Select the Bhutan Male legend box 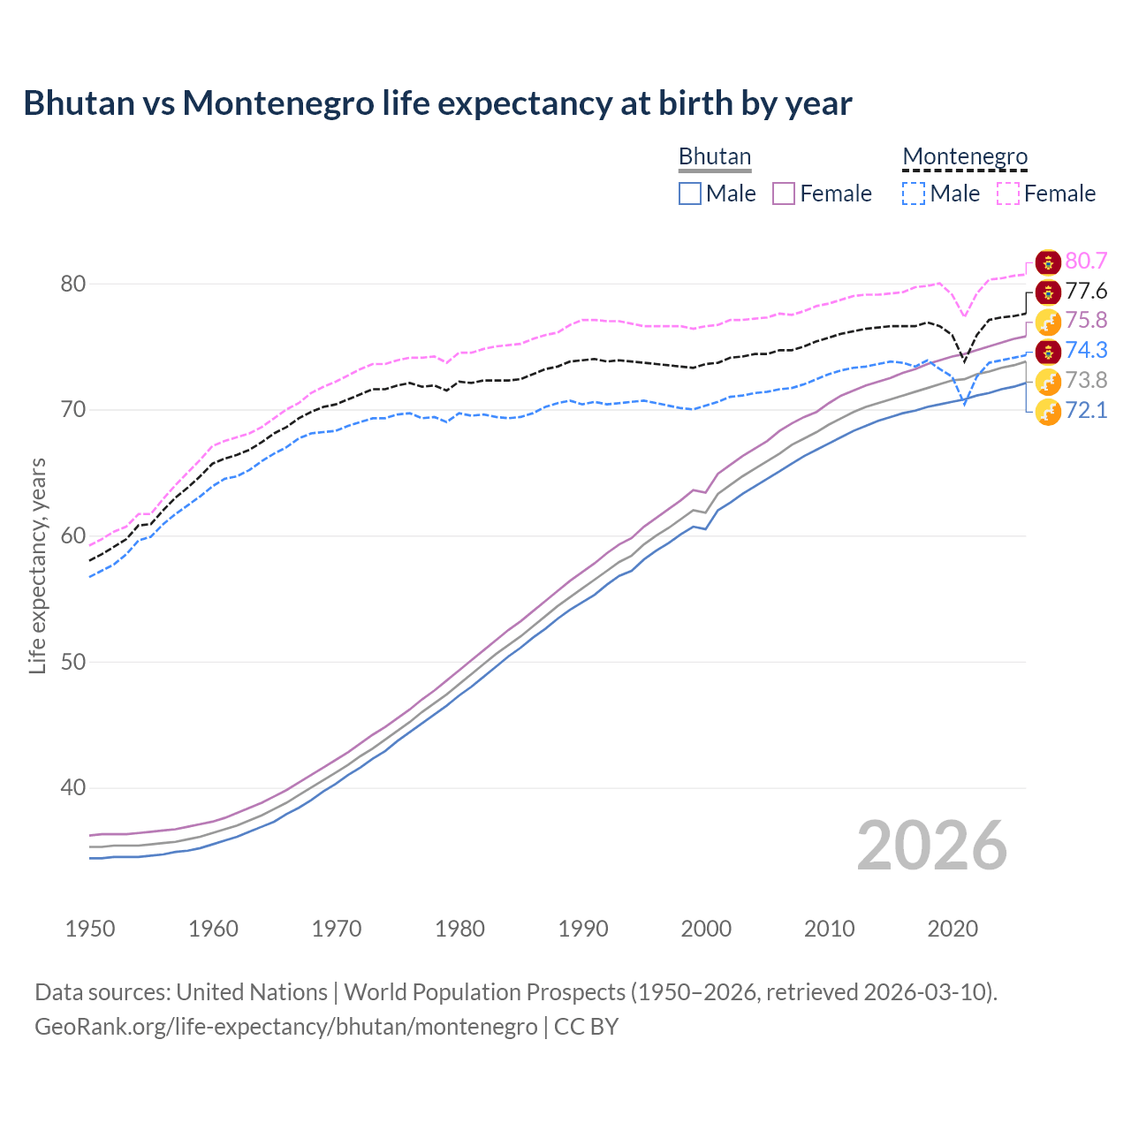[x=690, y=194]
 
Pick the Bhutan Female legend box [x=784, y=194]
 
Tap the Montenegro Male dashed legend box [x=914, y=194]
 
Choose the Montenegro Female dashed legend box [x=1008, y=194]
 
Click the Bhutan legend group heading [x=714, y=156]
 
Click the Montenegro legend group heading [x=965, y=156]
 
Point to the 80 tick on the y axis [x=72, y=284]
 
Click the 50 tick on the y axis [x=72, y=662]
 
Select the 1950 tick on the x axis [x=90, y=929]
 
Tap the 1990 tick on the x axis [x=583, y=929]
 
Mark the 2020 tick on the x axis [x=953, y=929]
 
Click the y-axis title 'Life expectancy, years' [x=37, y=565]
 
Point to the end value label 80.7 [x=1086, y=261]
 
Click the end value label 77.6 [x=1086, y=291]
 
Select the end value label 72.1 [x=1086, y=410]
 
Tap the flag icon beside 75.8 [x=1048, y=321]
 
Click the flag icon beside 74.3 [x=1048, y=351]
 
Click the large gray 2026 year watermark [x=931, y=846]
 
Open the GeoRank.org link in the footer [x=285, y=1027]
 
